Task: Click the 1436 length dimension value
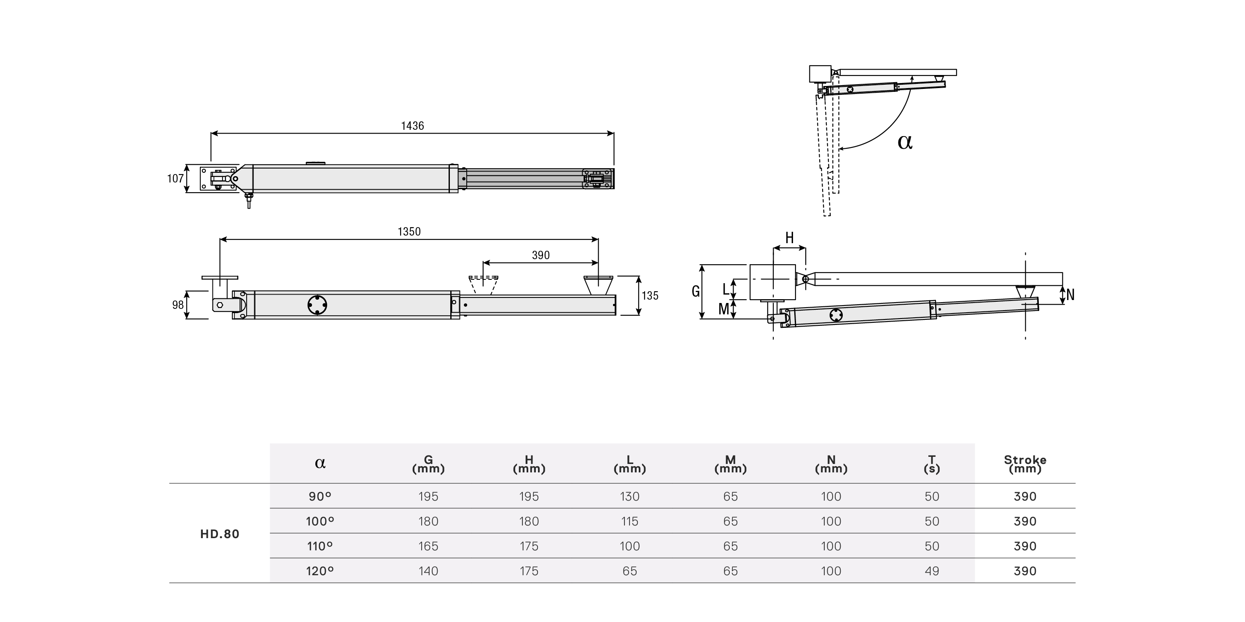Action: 412,126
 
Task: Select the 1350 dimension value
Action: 409,232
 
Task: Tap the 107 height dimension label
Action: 175,179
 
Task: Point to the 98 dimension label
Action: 178,305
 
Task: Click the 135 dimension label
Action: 650,296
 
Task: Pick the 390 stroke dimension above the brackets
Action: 540,255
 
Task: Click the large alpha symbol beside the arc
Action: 905,142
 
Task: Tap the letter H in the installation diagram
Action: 789,238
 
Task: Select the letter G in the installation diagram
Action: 696,291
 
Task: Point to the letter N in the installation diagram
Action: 1070,295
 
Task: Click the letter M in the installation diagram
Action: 723,309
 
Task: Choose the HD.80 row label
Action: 220,534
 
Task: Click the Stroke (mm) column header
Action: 1025,464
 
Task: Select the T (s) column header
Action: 931,464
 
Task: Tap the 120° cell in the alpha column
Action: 320,571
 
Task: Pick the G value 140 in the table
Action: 428,571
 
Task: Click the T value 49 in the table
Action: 931,571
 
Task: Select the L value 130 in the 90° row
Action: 629,496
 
